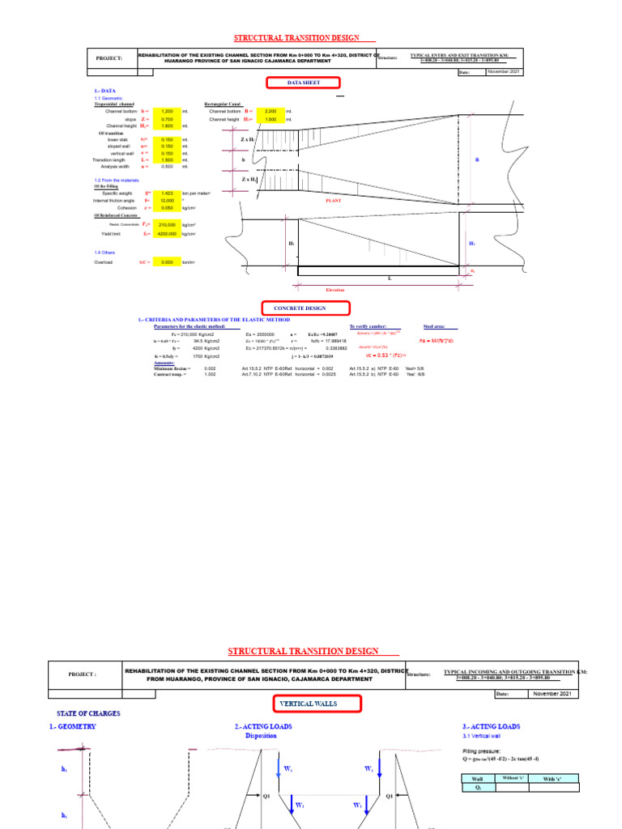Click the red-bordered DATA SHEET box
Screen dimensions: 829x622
304,83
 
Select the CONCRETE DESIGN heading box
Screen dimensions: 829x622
305,308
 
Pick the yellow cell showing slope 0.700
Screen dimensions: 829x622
167,118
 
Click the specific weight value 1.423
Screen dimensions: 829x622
167,193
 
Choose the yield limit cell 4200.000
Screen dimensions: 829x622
167,233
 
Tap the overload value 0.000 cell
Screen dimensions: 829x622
167,262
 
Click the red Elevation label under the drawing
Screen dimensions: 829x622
335,288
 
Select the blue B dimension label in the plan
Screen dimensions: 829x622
477,160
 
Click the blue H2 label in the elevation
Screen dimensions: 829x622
472,242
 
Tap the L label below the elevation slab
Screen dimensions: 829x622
389,278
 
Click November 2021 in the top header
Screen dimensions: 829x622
505,72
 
